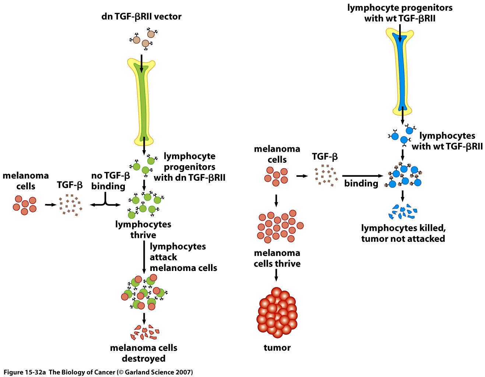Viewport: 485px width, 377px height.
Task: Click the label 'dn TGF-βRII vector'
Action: (141, 17)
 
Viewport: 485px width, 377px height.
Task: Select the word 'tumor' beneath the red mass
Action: (277, 348)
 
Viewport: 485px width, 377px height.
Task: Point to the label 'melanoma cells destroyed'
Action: (144, 353)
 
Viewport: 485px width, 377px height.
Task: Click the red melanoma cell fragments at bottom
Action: (144, 332)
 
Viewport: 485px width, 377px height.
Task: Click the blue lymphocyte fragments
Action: (403, 211)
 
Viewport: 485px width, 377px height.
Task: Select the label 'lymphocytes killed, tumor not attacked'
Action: (403, 233)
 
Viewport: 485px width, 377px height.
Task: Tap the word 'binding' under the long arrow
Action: (361, 183)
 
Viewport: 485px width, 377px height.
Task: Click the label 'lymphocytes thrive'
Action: (143, 229)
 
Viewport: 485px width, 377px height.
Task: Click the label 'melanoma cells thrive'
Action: (277, 258)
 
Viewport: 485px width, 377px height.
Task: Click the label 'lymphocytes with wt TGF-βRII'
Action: (447, 141)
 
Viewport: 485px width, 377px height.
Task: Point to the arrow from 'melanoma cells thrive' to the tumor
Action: (276, 275)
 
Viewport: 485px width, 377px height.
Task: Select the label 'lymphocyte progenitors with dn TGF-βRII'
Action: (189, 167)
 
